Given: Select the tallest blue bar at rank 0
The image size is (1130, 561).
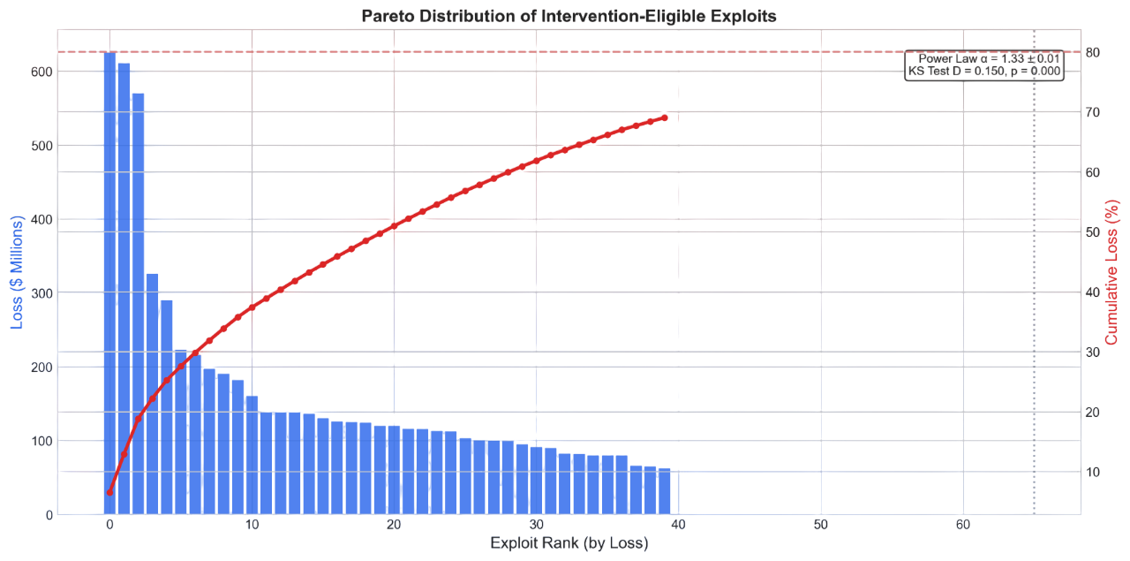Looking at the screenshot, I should tap(109, 283).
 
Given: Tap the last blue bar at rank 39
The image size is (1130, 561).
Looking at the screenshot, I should tap(664, 491).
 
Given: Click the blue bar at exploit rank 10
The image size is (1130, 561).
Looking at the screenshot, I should tap(252, 455).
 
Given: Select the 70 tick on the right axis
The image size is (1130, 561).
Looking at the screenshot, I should tap(1091, 112).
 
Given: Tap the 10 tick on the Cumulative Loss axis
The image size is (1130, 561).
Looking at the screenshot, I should tap(1091, 472).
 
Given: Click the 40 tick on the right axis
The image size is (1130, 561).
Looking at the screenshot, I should tap(1091, 292).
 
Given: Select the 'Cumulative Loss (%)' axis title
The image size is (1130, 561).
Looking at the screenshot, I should tap(1113, 272).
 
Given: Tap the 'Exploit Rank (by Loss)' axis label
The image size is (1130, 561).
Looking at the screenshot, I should tap(569, 543).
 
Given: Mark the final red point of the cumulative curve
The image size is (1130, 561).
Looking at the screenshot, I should tap(664, 118).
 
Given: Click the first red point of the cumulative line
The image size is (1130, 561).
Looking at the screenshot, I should tap(109, 492).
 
